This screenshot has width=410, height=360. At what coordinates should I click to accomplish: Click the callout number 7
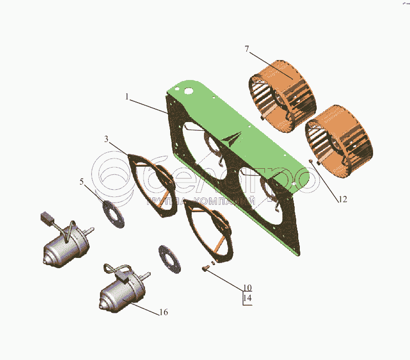pos(247,49)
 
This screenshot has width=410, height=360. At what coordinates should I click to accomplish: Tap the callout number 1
pos(127,97)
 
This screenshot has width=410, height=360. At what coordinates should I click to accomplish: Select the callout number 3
pos(106,139)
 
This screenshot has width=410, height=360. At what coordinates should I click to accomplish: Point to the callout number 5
pos(81,182)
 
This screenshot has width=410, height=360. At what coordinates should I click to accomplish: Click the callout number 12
pos(343,199)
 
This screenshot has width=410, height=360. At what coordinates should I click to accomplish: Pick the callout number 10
pos(248,288)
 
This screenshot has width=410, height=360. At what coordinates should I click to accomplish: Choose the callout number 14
pos(248,298)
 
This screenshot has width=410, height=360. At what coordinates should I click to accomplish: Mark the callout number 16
pos(163,312)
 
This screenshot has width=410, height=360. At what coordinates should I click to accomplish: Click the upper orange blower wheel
pos(282,96)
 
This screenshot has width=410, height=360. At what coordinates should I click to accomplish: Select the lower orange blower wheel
pos(339,142)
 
